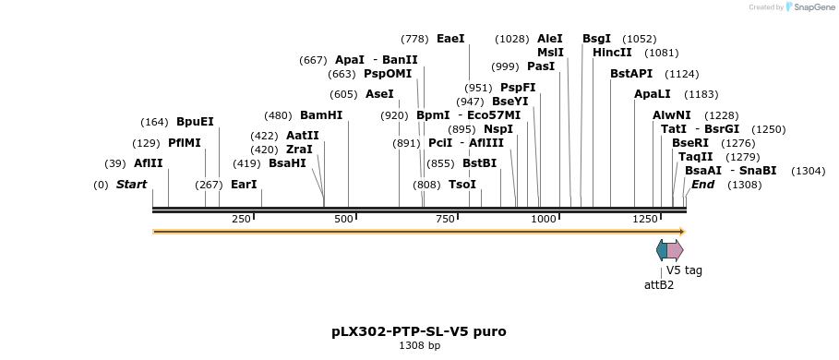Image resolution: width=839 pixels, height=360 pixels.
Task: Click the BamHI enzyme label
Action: pos(320,115)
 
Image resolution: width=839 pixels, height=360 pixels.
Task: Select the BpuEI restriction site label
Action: pos(195,122)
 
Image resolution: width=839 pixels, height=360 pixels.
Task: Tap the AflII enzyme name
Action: pos(148,163)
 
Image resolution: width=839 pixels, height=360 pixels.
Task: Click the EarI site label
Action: pos(244,185)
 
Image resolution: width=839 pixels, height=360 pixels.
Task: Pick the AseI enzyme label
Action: pos(379,94)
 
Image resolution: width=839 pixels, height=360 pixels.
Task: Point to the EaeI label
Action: pos(450,39)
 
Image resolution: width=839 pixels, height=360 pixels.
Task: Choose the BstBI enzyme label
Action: pos(479,163)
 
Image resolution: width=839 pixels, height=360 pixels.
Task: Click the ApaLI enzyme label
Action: pos(652,94)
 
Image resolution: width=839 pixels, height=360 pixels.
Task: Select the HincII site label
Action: pos(612,53)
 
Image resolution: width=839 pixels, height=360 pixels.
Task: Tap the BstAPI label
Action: pos(631,74)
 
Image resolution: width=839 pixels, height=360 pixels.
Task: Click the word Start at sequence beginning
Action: pos(131,185)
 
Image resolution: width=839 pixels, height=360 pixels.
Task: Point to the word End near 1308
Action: pos(702,185)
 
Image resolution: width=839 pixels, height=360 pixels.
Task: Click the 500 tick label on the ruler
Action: pos(344,219)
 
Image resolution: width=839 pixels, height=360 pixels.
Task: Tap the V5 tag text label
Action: pos(684,270)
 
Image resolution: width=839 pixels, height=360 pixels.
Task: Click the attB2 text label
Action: pos(658,285)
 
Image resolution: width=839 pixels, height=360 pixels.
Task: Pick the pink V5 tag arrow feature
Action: pos(675,250)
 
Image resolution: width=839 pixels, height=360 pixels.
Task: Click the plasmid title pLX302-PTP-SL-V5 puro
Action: pos(419,331)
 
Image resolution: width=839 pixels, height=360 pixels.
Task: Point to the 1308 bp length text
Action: pos(419,346)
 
